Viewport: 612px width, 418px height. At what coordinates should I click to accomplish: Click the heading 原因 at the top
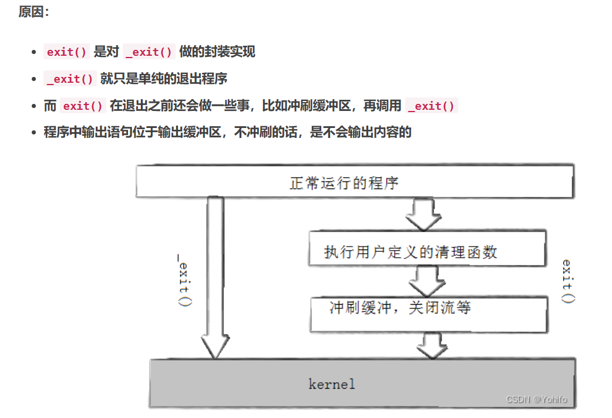pyautogui.click(x=33, y=12)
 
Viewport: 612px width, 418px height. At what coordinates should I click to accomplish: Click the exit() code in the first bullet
pyautogui.click(x=67, y=52)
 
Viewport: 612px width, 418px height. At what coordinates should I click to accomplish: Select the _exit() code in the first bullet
pyautogui.click(x=149, y=52)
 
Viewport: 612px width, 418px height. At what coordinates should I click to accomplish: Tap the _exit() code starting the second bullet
pyautogui.click(x=70, y=79)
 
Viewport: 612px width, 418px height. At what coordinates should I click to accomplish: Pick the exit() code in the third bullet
pyautogui.click(x=83, y=106)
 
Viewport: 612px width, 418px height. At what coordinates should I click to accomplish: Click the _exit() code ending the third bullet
pyautogui.click(x=431, y=106)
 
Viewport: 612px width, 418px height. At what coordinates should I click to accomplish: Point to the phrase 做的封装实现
pyautogui.click(x=217, y=52)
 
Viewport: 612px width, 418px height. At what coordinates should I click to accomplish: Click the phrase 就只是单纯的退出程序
pyautogui.click(x=164, y=79)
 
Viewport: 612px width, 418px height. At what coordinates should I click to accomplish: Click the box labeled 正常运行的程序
pyautogui.click(x=354, y=182)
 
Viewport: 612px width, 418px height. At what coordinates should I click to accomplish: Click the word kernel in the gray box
pyautogui.click(x=332, y=385)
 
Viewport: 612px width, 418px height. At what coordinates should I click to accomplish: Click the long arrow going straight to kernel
pyautogui.click(x=215, y=276)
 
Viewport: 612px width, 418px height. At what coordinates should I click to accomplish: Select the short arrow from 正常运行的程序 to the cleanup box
pyautogui.click(x=423, y=214)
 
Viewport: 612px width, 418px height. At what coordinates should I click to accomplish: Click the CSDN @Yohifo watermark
pyautogui.click(x=537, y=400)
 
